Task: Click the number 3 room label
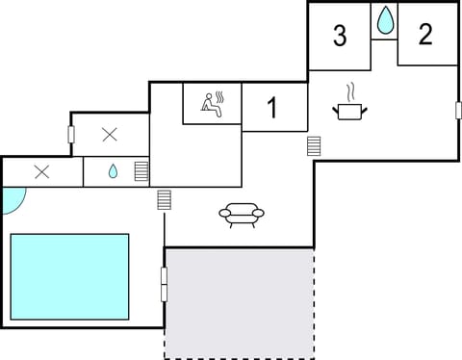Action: tap(339, 36)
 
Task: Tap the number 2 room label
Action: tap(425, 34)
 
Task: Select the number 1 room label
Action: tap(271, 108)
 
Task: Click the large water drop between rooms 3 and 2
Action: tap(384, 20)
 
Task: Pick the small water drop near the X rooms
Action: tap(113, 171)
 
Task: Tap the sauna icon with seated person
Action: tap(212, 103)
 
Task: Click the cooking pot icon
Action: tap(348, 111)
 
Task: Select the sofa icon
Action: tap(241, 214)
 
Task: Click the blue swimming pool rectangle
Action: tap(69, 276)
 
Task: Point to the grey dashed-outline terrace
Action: tap(239, 303)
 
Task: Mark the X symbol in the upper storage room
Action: tap(110, 134)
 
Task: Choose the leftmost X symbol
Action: tap(41, 172)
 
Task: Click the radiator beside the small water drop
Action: tap(141, 171)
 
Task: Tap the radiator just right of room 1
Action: tap(314, 146)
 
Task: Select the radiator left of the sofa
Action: tap(164, 201)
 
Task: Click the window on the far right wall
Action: tap(458, 110)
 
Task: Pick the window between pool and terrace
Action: tap(164, 283)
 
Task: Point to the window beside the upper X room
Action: tap(71, 134)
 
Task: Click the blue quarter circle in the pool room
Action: tap(13, 198)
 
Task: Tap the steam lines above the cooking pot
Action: tap(351, 92)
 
